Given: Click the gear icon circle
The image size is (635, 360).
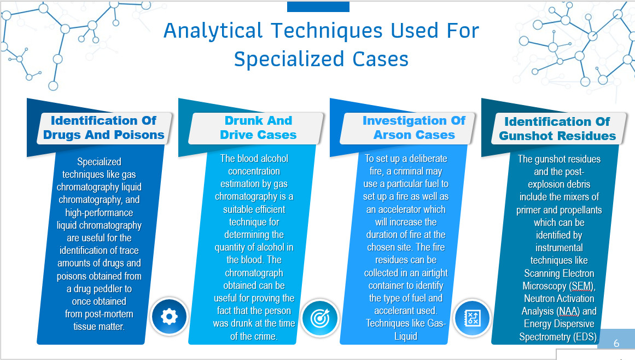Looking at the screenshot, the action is (x=169, y=316).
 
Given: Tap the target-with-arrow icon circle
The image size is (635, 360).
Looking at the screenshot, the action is (x=320, y=318).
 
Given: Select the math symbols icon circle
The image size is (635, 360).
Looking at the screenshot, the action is (x=472, y=318).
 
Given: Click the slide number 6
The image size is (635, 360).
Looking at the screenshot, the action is (x=616, y=344).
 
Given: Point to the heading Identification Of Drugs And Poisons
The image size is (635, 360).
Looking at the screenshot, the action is (x=104, y=127).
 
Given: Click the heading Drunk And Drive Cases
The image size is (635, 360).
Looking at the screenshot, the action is (x=258, y=127).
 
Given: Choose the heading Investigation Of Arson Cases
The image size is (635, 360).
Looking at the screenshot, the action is (x=414, y=127).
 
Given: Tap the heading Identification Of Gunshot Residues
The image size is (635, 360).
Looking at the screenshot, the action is (x=557, y=129).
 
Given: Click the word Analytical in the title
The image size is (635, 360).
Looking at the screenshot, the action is (x=213, y=31).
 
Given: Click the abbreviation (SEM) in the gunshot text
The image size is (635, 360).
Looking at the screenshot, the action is (x=581, y=286).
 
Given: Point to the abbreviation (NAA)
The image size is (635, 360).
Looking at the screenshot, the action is (x=568, y=311).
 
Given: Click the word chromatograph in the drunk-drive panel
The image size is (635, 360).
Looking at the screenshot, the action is (x=254, y=272).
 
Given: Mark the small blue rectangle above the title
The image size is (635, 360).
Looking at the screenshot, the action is (x=318, y=6).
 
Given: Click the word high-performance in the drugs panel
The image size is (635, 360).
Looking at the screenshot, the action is (x=99, y=213).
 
